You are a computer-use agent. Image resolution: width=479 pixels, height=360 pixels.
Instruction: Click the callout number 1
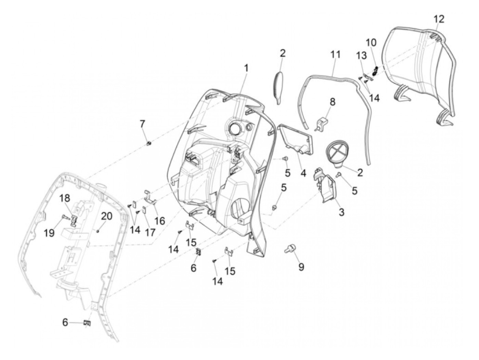[246, 68]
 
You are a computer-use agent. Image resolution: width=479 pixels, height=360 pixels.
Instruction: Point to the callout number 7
[142, 124]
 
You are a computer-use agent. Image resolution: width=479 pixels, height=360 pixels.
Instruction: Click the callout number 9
[301, 267]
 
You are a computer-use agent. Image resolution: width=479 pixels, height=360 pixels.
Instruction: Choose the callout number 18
[65, 198]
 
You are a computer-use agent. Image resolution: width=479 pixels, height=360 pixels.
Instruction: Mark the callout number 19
[49, 233]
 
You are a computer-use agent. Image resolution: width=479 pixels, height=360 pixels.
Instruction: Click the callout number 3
[341, 212]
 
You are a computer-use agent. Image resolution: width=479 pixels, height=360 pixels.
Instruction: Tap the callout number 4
[303, 173]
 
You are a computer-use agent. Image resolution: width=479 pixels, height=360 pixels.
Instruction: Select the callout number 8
[333, 102]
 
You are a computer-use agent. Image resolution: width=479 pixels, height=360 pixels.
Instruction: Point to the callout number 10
[371, 43]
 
